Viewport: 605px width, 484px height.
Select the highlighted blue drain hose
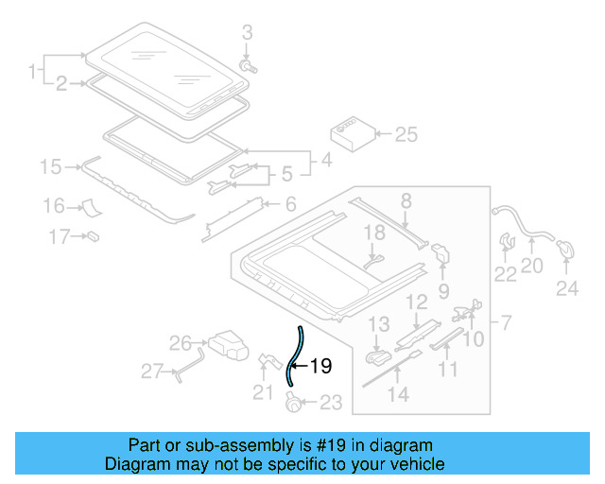293,359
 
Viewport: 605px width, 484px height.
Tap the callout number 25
405,135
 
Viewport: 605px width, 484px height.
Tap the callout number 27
152,372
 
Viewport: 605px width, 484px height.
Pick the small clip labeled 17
94,235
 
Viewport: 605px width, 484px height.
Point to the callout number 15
50,167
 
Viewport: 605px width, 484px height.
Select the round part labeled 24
566,250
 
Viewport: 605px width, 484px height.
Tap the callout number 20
531,266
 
